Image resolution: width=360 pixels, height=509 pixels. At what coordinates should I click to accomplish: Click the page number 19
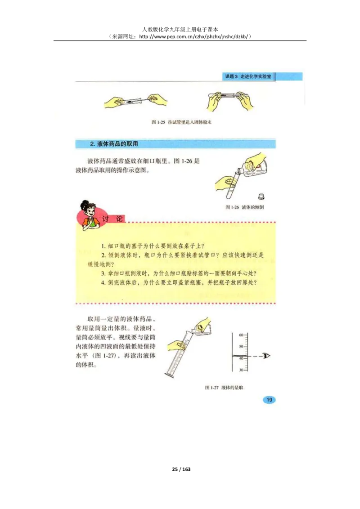269,400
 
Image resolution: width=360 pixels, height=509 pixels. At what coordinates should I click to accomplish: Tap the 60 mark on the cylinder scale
241,335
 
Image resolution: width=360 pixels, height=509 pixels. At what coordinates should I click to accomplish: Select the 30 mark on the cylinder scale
241,370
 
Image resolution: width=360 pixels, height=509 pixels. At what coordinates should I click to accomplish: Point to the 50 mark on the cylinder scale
241,347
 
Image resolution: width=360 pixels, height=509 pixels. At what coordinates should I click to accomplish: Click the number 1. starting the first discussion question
104,246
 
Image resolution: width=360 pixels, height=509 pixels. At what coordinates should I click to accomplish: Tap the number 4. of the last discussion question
104,283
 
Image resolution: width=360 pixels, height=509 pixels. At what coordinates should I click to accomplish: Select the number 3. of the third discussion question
104,274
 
